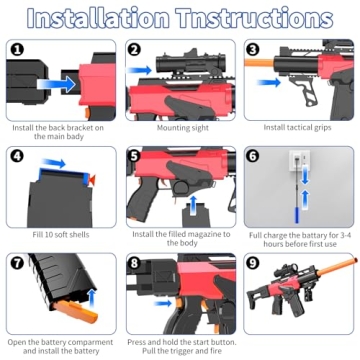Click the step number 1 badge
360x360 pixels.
[x=16, y=49]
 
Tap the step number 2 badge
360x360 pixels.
[x=135, y=49]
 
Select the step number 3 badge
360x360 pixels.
[x=252, y=49]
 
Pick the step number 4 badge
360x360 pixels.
[x=16, y=155]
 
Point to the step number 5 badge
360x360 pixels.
[x=135, y=155]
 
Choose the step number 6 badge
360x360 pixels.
[x=252, y=155]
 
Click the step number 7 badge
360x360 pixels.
[x=16, y=262]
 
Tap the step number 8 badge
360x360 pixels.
[x=135, y=262]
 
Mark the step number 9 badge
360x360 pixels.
[x=252, y=262]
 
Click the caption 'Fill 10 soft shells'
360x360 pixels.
[x=60, y=234]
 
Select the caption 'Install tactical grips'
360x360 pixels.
[x=297, y=128]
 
